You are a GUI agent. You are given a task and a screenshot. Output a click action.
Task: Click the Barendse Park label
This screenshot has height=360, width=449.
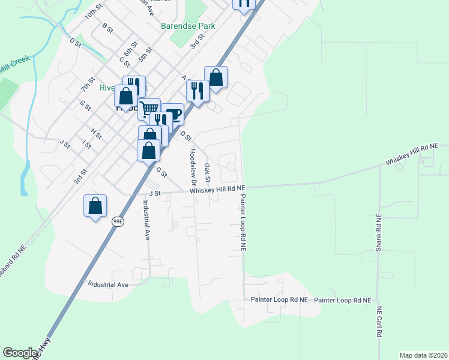click(x=188, y=26)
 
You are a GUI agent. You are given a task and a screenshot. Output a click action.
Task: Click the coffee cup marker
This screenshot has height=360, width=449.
click(x=172, y=114)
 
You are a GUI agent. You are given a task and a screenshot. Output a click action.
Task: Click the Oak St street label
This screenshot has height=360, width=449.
click(x=208, y=172)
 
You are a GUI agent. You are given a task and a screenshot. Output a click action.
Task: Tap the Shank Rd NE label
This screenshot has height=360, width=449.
click(x=378, y=233)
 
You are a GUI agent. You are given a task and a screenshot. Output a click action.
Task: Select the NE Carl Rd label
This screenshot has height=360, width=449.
click(x=379, y=322)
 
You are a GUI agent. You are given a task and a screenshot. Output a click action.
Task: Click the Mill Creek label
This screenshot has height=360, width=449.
click(x=14, y=68)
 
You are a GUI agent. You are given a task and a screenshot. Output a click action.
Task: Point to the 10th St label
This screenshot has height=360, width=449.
click(x=93, y=14)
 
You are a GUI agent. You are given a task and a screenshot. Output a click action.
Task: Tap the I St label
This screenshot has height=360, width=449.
click(x=87, y=145)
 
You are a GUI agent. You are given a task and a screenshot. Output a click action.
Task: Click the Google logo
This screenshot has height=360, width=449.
click(x=20, y=353)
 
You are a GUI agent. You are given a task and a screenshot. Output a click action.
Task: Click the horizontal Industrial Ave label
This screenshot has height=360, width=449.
click(x=109, y=284)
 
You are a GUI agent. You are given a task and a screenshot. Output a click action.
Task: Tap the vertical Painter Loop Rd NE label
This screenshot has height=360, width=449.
click(x=243, y=222)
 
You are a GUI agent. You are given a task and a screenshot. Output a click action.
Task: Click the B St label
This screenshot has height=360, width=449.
click(x=107, y=29)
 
